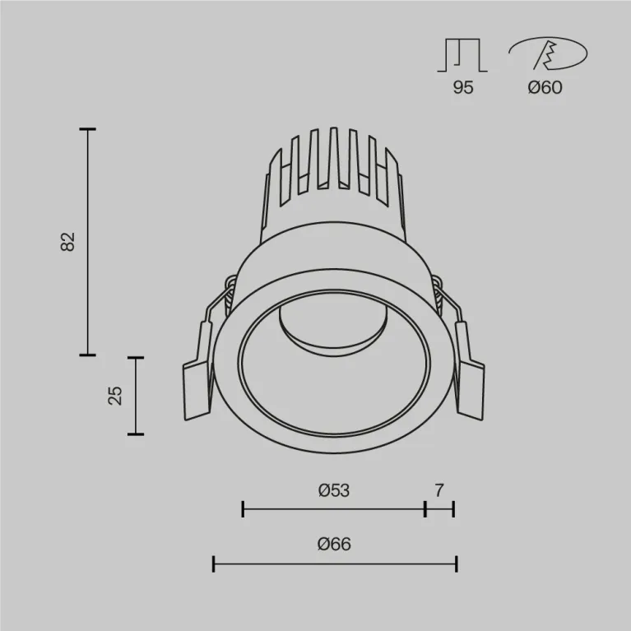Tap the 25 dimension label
(x=115, y=396)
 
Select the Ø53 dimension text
(x=333, y=490)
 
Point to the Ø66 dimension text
(x=334, y=544)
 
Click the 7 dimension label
(x=439, y=490)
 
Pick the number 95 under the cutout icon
(x=463, y=87)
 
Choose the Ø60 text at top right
(x=545, y=87)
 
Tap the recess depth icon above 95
(x=463, y=55)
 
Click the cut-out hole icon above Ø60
(x=547, y=55)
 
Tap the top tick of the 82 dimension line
(x=87, y=129)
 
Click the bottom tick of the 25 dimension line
(x=135, y=434)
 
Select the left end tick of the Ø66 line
(x=214, y=564)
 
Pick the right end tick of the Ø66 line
(x=456, y=564)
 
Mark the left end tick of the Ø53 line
(x=243, y=509)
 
